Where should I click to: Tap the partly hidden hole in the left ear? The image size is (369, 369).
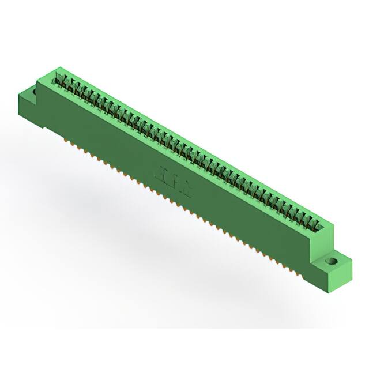[35, 91]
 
